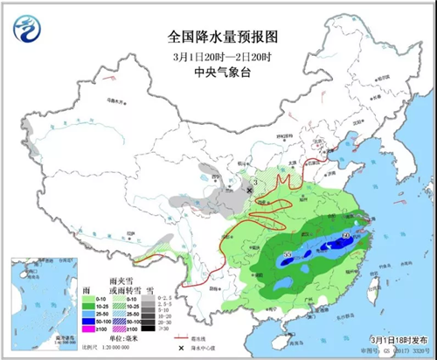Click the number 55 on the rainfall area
tap(288, 254)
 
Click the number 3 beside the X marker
tap(246, 180)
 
